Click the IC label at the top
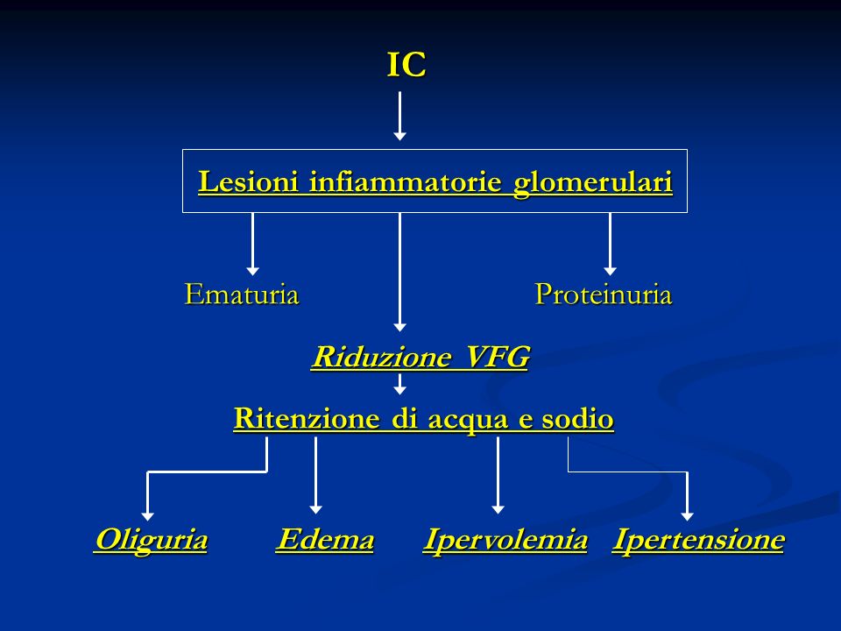coord(406,64)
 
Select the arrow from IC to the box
coord(399,116)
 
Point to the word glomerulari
coord(593,182)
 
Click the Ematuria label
coord(242,294)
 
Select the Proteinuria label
coord(604,294)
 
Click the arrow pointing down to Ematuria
coord(252,245)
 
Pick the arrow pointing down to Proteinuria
coord(610,245)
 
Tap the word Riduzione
coord(381,357)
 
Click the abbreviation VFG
coord(498,357)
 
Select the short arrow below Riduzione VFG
coord(399,384)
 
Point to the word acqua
coord(467,420)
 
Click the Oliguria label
coord(151,540)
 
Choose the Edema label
coord(325,539)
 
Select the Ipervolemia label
coord(505,540)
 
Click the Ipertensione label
coord(698,540)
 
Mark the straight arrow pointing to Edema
coord(316,475)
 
